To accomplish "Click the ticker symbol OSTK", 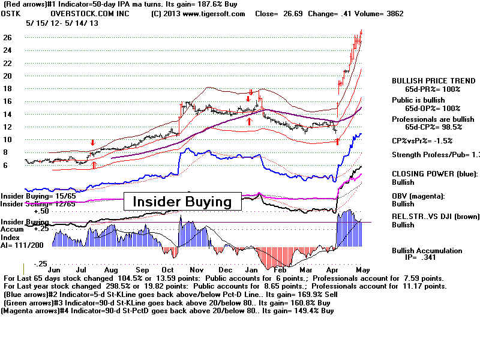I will (12, 13).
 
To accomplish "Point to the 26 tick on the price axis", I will (8, 37).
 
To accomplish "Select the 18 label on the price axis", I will (8, 89).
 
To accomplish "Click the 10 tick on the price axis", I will (8, 140).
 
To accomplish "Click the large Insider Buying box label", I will (182, 202).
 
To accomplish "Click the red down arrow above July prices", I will (92, 143).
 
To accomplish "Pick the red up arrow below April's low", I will (337, 142).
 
